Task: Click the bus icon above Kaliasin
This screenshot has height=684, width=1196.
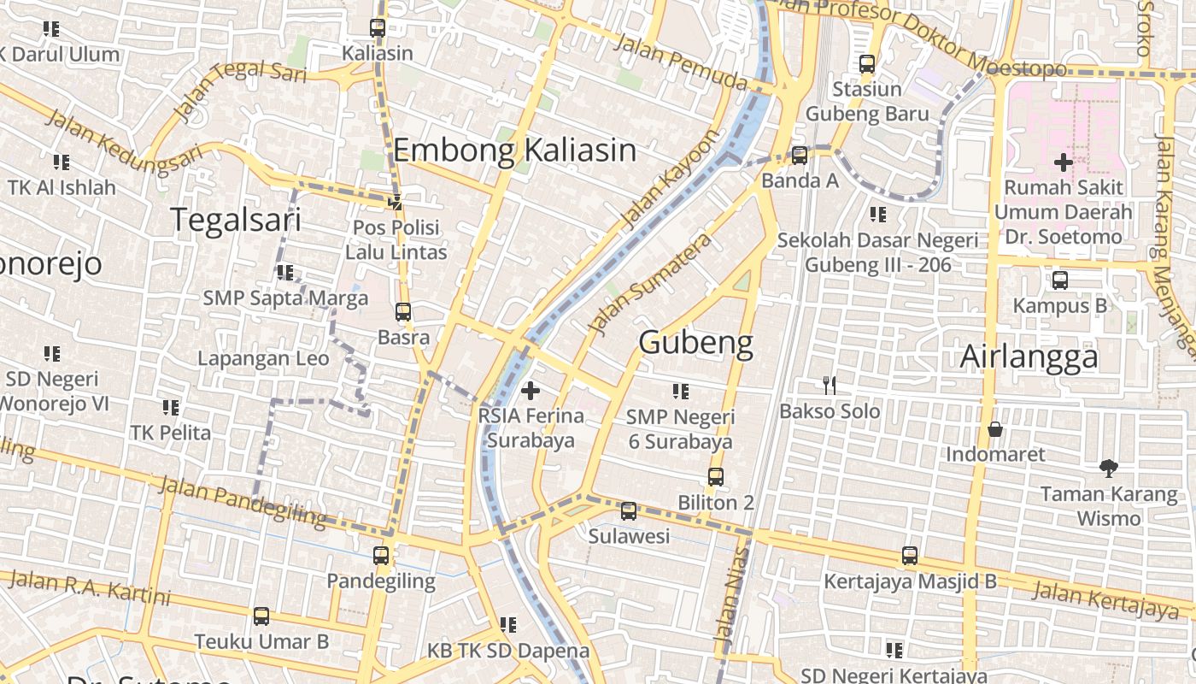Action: pyautogui.click(x=378, y=27)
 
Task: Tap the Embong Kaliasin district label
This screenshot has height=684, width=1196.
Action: pyautogui.click(x=514, y=150)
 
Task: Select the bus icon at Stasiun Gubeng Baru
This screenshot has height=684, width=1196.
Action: pyautogui.click(x=867, y=64)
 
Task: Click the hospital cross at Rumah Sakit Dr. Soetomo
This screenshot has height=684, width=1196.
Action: pyautogui.click(x=1063, y=162)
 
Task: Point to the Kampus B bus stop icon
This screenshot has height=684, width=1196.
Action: pyautogui.click(x=1059, y=280)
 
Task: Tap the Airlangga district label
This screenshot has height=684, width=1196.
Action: pyautogui.click(x=1029, y=357)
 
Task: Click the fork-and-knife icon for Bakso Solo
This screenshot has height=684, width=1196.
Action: pyautogui.click(x=829, y=386)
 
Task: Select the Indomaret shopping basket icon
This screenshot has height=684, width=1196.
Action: pyautogui.click(x=994, y=428)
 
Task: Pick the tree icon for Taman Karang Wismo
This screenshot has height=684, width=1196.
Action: pyautogui.click(x=1109, y=469)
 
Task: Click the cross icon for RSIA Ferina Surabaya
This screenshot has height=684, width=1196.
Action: pyautogui.click(x=531, y=391)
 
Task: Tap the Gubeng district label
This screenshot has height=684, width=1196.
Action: pyautogui.click(x=695, y=343)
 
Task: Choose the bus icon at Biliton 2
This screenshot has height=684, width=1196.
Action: pyautogui.click(x=716, y=477)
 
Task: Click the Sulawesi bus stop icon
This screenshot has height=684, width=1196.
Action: pyautogui.click(x=629, y=511)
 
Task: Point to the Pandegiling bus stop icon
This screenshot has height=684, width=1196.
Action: pyautogui.click(x=381, y=556)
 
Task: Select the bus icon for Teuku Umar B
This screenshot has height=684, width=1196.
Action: pyautogui.click(x=261, y=616)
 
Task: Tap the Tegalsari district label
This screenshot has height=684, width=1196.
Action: pyautogui.click(x=236, y=220)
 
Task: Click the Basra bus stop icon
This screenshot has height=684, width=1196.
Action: pyautogui.click(x=403, y=312)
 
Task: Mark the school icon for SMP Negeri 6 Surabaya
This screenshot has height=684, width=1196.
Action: pyautogui.click(x=680, y=392)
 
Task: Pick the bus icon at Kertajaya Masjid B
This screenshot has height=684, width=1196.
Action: pyautogui.click(x=910, y=556)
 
